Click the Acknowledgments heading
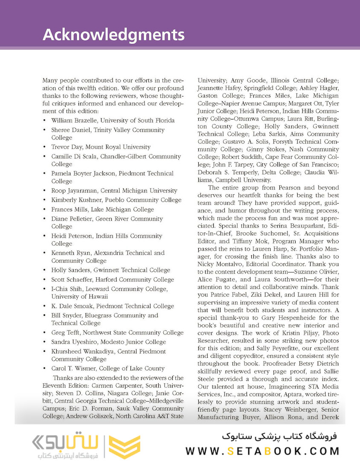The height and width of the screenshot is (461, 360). [113, 35]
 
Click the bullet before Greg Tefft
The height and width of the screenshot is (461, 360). [45, 333]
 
